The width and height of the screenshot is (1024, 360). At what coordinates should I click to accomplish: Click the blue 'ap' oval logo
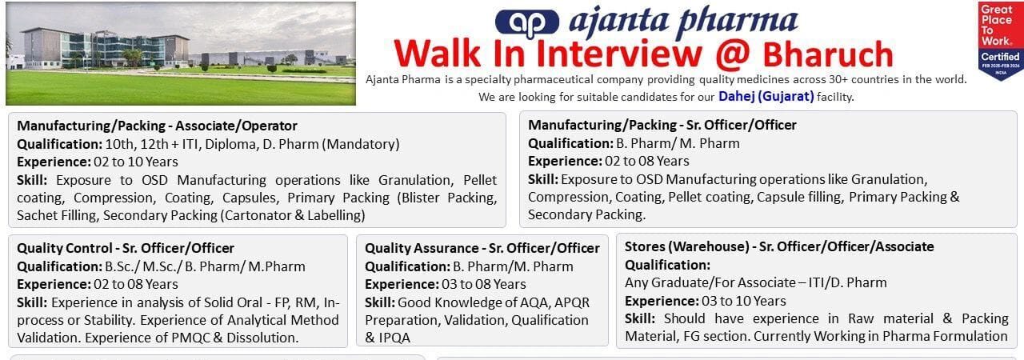click(x=526, y=22)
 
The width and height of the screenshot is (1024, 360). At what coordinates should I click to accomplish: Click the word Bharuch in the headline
click(x=827, y=54)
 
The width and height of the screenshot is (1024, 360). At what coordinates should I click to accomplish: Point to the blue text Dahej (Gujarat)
click(x=766, y=96)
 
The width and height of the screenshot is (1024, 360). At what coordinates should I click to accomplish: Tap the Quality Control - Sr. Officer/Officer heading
click(x=126, y=248)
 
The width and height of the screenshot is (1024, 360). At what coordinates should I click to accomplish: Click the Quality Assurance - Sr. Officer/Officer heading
click(x=482, y=248)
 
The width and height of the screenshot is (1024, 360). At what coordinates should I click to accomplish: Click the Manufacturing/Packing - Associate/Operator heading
click(x=157, y=126)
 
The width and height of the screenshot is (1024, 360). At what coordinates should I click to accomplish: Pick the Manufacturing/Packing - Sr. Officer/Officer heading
click(x=662, y=125)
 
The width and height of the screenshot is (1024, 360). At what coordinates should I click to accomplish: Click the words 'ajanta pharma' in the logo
click(x=683, y=21)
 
